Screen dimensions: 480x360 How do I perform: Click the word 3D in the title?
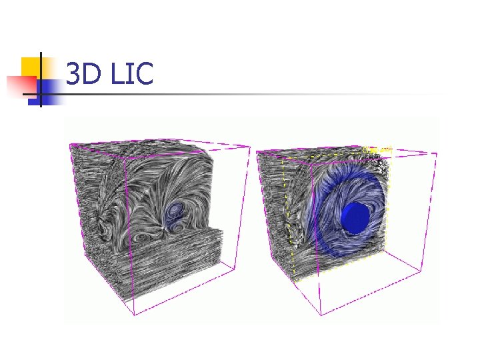(83, 73)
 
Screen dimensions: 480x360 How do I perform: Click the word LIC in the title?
(132, 73)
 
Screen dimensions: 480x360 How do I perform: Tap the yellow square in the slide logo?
(31, 67)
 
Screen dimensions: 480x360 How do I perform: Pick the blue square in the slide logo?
(46, 93)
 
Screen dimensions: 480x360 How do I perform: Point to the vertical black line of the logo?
(41, 79)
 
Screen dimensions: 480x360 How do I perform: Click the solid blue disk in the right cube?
(355, 217)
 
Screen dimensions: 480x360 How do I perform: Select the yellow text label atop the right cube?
(377, 150)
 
